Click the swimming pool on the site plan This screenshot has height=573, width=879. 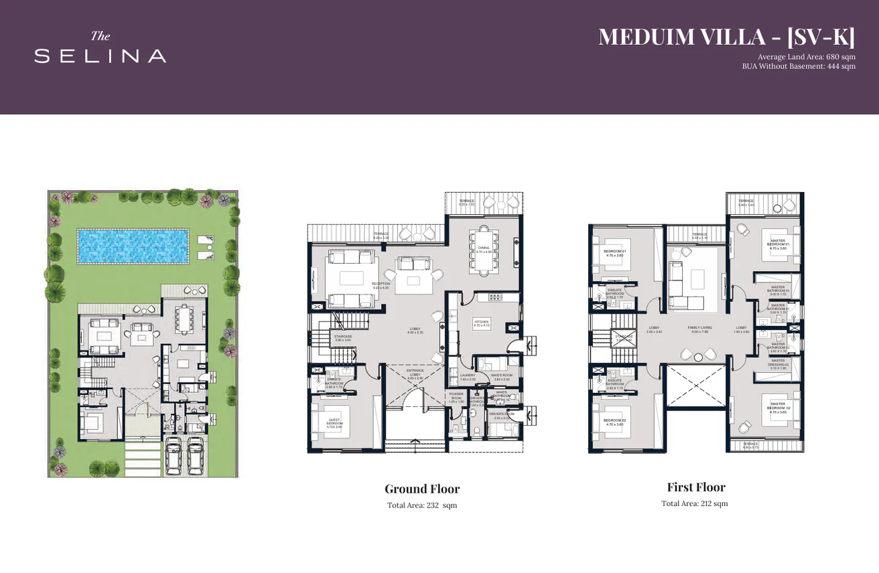[133, 245]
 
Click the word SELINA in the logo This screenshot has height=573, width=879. [100, 56]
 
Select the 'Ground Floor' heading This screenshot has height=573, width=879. [422, 489]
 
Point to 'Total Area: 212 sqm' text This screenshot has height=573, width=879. [694, 503]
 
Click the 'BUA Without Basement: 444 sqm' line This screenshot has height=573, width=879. [798, 66]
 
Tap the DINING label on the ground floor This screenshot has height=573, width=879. [484, 249]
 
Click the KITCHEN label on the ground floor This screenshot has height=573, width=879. [482, 323]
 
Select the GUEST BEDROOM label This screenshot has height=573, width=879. [334, 422]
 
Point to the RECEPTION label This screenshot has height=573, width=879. [381, 285]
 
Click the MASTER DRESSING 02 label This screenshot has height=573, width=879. [778, 364]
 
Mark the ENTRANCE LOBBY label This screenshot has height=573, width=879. [415, 374]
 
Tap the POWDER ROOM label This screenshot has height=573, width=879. [456, 397]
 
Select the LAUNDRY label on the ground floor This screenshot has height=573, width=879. [467, 377]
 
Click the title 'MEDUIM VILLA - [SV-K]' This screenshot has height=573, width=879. [726, 37]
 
